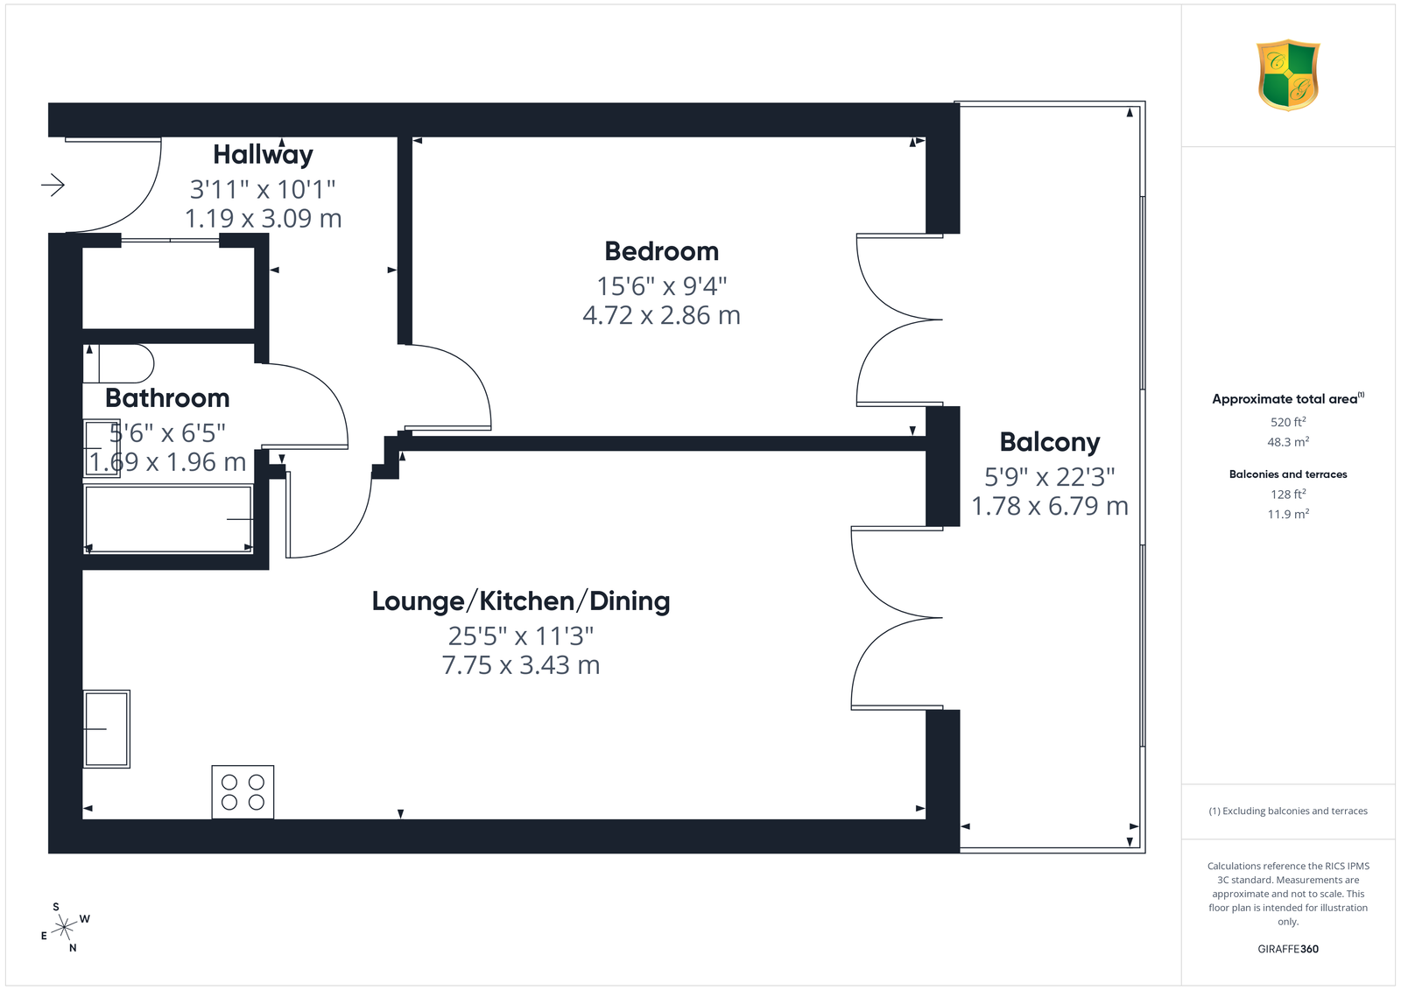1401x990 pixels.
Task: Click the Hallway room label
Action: tap(263, 154)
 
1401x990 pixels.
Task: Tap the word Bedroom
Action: tap(662, 251)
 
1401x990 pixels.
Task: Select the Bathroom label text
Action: tap(167, 397)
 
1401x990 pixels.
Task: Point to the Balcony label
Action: tap(1050, 443)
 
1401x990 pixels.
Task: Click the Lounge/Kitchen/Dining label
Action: tap(521, 601)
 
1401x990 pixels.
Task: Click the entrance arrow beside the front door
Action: tap(53, 185)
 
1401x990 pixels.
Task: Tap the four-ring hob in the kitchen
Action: tap(243, 792)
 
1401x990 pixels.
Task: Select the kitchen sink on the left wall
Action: tap(107, 728)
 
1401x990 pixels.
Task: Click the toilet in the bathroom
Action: tap(119, 363)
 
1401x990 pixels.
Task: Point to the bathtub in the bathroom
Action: tap(168, 519)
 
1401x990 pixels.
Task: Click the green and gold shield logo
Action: tap(1288, 75)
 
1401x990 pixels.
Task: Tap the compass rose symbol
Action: tap(65, 927)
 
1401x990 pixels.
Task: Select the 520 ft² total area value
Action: tap(1288, 422)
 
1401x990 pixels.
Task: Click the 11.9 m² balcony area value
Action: tap(1288, 514)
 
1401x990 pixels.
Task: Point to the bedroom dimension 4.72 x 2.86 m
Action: tap(661, 315)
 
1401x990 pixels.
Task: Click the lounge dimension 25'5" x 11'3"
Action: tap(520, 636)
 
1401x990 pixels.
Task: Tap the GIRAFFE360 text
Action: tap(1288, 949)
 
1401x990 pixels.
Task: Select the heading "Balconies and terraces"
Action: tap(1288, 474)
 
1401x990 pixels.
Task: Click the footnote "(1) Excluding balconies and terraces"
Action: tap(1288, 811)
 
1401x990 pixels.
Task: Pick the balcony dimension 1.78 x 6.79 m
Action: tap(1050, 506)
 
